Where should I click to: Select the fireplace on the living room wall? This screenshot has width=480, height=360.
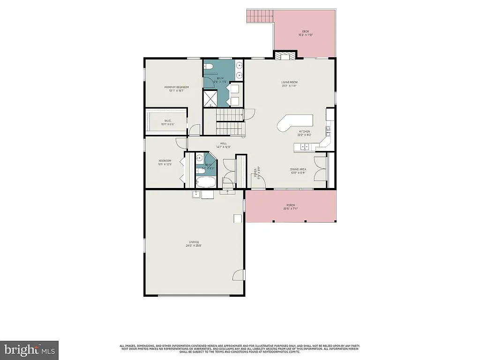pyautogui.click(x=285, y=56)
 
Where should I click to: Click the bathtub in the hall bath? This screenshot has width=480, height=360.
pyautogui.click(x=206, y=182)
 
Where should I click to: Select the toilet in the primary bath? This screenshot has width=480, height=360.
pyautogui.click(x=210, y=65)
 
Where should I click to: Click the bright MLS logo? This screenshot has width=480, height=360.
pyautogui.click(x=29, y=350)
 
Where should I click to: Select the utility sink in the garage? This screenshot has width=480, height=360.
pyautogui.click(x=196, y=194)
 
